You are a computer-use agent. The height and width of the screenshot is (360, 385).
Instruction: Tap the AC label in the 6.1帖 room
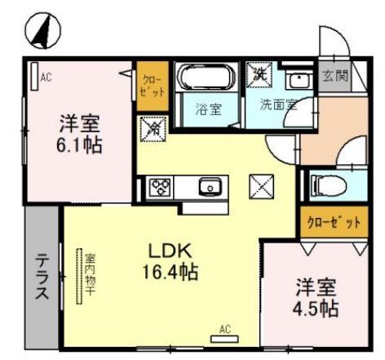click(46, 78)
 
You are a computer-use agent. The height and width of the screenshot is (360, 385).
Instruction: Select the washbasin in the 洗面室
click(299, 80)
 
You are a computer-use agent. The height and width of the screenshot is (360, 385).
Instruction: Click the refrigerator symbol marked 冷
click(152, 127)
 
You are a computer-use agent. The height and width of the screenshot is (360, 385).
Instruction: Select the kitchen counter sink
click(210, 188)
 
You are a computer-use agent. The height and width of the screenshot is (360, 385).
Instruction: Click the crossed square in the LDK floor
click(263, 186)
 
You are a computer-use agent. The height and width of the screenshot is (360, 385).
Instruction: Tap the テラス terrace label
click(41, 278)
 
